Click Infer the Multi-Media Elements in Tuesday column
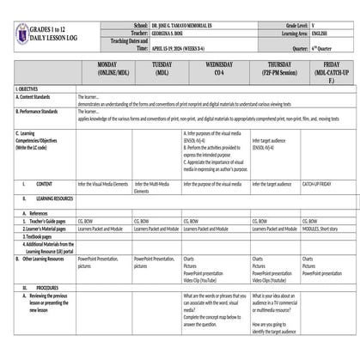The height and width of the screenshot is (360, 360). point(153,187)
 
